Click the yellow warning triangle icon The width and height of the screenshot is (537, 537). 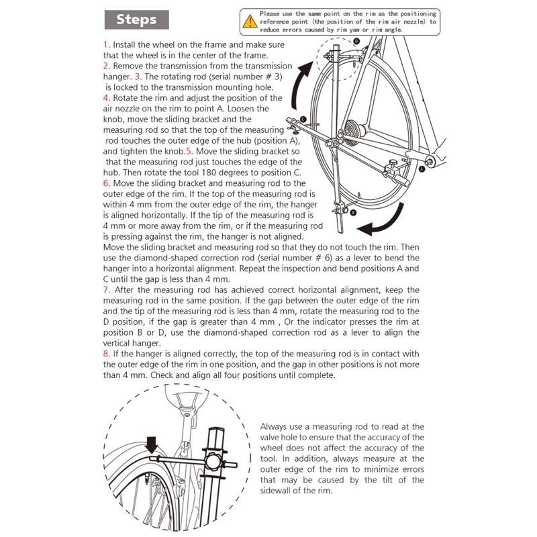[249, 21]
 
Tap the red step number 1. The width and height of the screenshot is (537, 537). [105, 44]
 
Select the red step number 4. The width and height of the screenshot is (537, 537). [105, 97]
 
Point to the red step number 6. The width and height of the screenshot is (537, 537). [105, 183]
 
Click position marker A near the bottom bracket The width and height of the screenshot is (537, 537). [422, 170]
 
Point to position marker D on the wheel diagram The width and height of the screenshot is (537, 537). [356, 41]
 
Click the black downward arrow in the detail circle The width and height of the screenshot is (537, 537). [151, 444]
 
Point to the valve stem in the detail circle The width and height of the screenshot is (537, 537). [147, 479]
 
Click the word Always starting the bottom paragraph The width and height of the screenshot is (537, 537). [275, 427]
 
